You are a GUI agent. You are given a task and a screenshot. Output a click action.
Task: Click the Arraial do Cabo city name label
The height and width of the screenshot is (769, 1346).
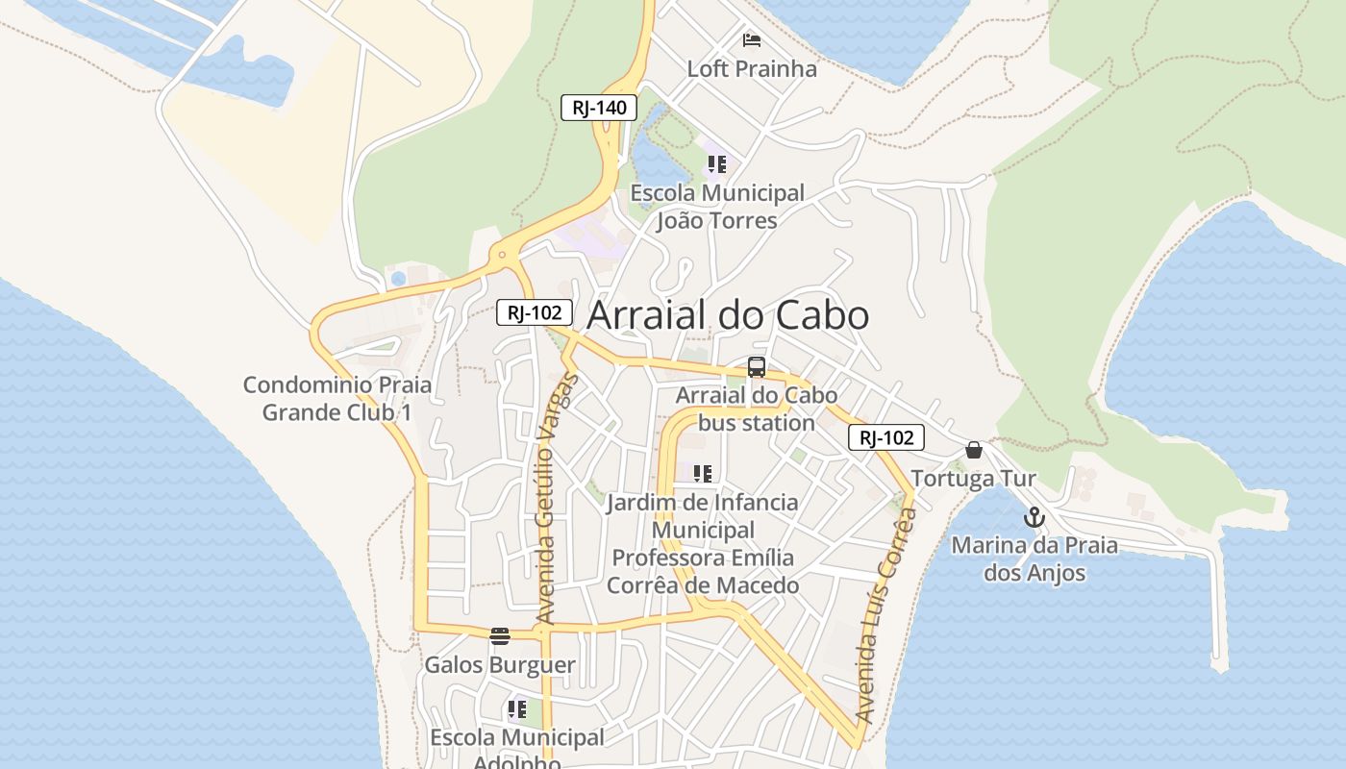pyautogui.click(x=728, y=315)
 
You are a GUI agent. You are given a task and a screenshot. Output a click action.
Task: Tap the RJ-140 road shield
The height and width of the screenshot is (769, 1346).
pyautogui.click(x=599, y=108)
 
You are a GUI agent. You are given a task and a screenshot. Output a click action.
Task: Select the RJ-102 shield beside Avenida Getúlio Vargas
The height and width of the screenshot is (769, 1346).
pyautogui.click(x=535, y=312)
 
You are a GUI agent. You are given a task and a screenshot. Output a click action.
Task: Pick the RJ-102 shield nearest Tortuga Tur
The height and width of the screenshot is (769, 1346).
pyautogui.click(x=885, y=438)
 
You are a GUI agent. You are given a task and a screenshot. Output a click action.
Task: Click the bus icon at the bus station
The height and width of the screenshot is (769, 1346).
pyautogui.click(x=757, y=366)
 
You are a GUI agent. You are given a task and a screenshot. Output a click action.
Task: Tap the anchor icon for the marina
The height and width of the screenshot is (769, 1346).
pyautogui.click(x=1034, y=518)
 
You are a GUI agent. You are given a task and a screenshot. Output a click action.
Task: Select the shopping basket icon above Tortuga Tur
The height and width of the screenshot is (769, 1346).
pyautogui.click(x=974, y=450)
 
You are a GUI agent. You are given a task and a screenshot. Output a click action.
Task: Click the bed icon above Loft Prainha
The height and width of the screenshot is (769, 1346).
pyautogui.click(x=752, y=40)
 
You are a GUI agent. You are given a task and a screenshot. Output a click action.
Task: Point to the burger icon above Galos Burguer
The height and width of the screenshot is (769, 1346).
pyautogui.click(x=499, y=636)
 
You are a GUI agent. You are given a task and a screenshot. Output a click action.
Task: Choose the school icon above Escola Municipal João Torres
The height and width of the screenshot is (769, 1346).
pyautogui.click(x=716, y=164)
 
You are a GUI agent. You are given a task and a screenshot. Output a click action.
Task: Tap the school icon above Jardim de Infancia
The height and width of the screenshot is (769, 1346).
pyautogui.click(x=703, y=474)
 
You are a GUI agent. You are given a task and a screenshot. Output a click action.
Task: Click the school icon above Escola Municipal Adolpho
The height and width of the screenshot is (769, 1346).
pyautogui.click(x=516, y=710)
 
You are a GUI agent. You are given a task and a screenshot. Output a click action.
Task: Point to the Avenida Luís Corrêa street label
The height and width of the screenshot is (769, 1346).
pyautogui.click(x=884, y=615)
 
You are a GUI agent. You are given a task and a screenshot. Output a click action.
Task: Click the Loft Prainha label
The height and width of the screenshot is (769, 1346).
pyautogui.click(x=752, y=69)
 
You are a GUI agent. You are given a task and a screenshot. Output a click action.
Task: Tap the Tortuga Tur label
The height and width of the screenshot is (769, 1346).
pyautogui.click(x=973, y=479)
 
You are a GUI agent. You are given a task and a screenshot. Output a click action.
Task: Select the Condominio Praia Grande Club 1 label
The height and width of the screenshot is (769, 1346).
pyautogui.click(x=337, y=399)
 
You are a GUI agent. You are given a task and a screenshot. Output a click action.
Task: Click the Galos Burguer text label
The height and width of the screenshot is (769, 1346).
pyautogui.click(x=500, y=665)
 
